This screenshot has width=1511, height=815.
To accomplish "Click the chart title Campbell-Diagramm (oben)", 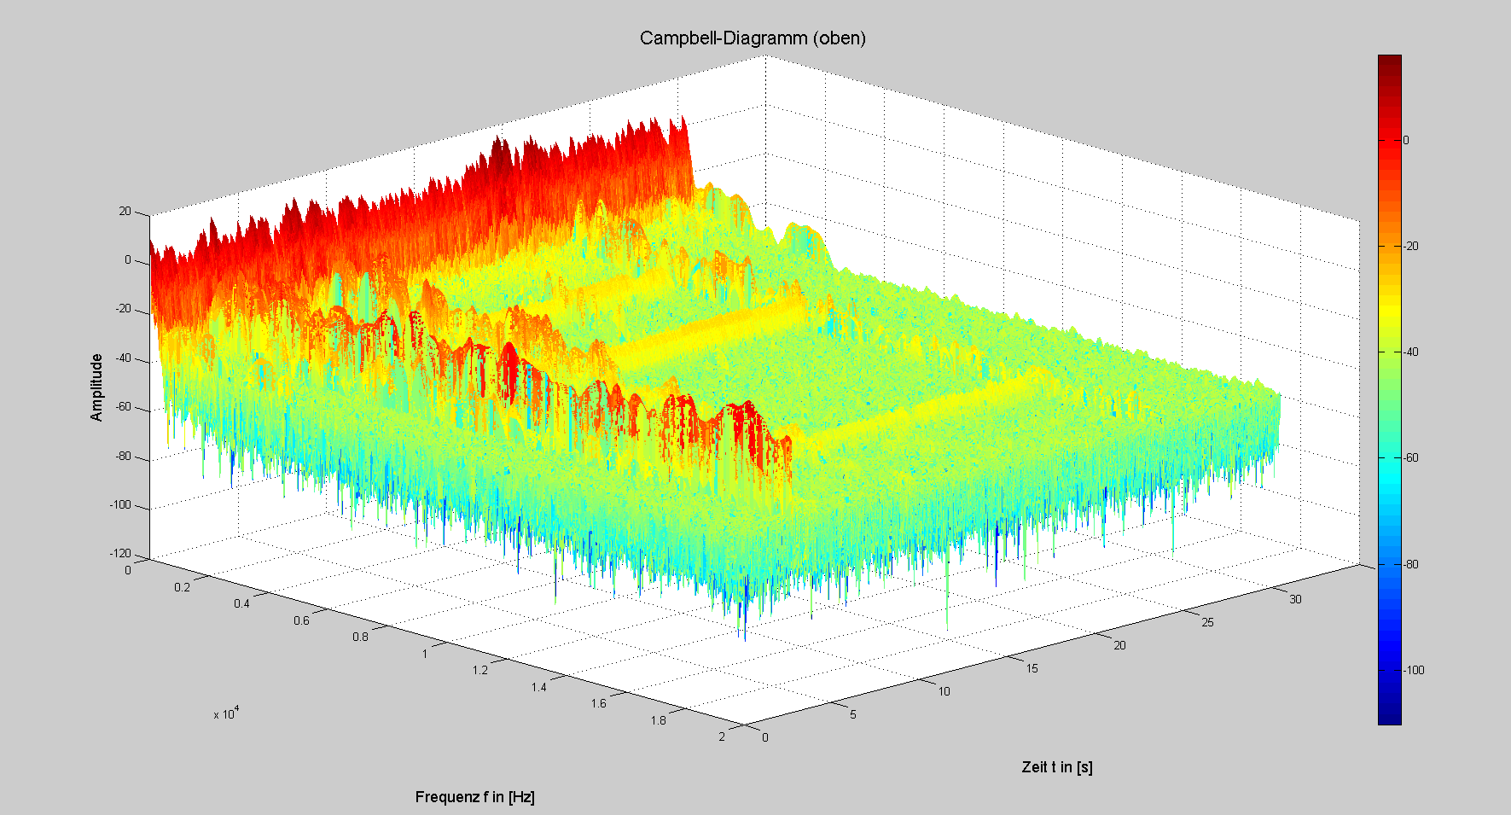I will click(x=753, y=38).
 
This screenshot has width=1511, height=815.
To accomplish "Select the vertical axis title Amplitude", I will click(x=96, y=387).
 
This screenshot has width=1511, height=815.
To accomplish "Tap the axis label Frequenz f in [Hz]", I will click(x=474, y=797).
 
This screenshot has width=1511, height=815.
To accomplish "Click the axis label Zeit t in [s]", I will click(x=1057, y=767).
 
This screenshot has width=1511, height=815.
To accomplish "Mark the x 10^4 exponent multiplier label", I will click(x=226, y=713).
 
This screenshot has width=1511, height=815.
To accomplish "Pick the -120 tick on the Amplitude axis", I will click(x=120, y=554).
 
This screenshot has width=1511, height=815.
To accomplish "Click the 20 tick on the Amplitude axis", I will click(x=125, y=212).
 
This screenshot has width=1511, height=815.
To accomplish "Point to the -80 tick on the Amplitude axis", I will click(x=123, y=456).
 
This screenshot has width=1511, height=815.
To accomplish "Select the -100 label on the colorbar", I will click(x=1414, y=670).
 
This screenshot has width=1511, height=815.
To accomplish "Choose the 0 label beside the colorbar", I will click(x=1406, y=140).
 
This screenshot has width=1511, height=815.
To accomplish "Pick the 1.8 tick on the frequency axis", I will click(x=658, y=720).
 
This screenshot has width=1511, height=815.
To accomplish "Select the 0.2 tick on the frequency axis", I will click(x=183, y=587).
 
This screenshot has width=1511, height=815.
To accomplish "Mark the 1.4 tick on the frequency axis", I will click(x=538, y=687).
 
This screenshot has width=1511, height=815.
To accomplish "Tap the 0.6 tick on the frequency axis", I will click(x=301, y=620).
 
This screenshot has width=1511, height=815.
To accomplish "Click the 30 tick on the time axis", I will click(x=1295, y=599).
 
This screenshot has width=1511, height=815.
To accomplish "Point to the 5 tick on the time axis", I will click(x=852, y=714).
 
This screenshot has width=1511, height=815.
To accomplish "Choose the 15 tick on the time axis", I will click(x=1032, y=668).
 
